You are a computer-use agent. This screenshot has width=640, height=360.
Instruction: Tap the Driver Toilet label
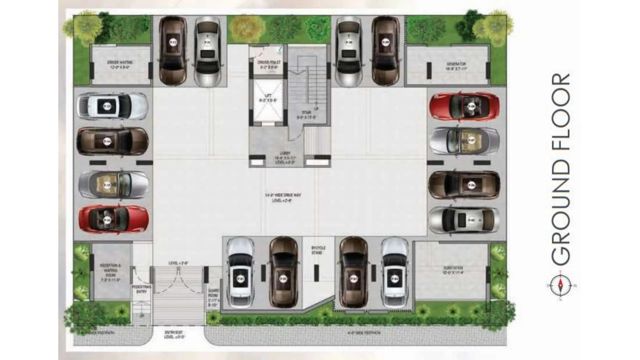point(269,64)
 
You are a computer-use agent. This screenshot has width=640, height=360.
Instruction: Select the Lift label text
point(268,98)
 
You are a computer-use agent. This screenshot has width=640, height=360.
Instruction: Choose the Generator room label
point(456,66)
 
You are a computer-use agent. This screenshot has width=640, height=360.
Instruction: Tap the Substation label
point(453,270)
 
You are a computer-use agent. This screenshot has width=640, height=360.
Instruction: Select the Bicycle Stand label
point(318,250)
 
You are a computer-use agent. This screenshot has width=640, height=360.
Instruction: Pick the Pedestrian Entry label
point(141,289)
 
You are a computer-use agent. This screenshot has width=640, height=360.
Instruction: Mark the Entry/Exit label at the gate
point(175,335)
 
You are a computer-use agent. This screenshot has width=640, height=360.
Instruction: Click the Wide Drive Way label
point(283,197)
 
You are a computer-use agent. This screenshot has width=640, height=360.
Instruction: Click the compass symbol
point(561,286)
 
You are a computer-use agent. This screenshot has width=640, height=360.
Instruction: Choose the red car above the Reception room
point(113,218)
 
